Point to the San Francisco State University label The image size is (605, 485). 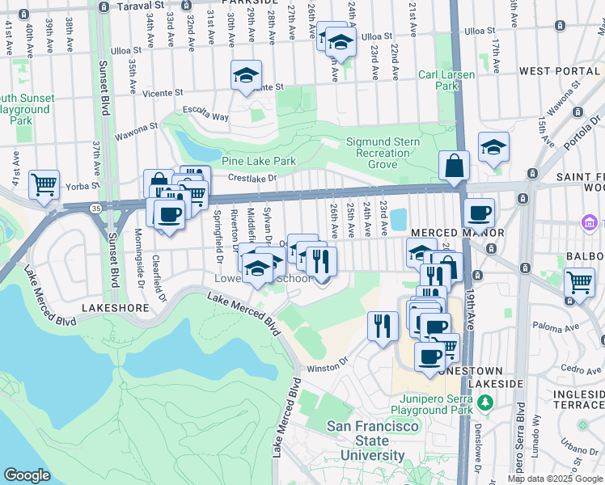coord(373,441)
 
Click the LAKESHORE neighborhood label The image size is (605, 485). coord(114,309)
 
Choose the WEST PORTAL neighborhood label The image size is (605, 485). coord(560,71)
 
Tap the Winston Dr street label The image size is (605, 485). coord(326,367)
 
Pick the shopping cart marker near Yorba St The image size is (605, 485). coord(44,183)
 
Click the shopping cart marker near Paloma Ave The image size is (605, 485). coord(579,282)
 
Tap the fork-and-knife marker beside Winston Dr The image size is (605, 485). coord(383,325)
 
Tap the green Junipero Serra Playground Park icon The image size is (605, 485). coord(485,402)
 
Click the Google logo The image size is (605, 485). coord(27,475)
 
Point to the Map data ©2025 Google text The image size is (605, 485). coord(553,479)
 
